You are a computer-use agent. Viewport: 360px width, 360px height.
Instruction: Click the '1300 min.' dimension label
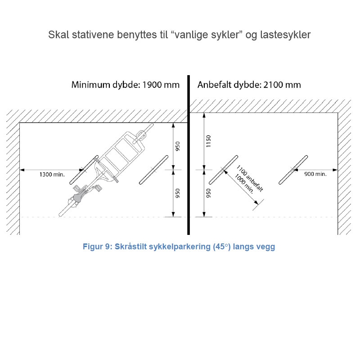52,175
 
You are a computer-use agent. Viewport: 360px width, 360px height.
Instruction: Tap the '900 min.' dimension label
315,174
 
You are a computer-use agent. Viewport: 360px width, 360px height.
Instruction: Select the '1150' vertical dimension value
208,141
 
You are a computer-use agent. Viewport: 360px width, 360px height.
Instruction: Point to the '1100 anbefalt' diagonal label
250,178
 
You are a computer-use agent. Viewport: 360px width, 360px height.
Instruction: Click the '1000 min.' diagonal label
244,184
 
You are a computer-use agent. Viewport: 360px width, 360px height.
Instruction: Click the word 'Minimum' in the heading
91,85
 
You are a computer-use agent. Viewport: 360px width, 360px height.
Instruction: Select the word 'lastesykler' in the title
285,35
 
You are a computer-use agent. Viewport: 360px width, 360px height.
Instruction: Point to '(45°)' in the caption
221,247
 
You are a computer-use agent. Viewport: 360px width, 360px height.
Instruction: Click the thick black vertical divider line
189,155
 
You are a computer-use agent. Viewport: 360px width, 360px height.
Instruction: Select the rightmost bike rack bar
293,170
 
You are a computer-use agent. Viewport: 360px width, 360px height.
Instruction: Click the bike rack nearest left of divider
153,170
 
